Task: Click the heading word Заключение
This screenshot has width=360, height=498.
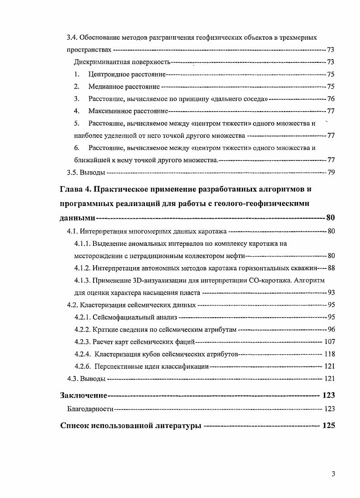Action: click(x=84, y=395)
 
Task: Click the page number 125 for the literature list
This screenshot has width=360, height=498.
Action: click(x=328, y=426)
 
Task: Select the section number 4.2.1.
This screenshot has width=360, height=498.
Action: click(x=83, y=317)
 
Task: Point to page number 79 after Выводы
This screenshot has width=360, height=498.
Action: click(x=331, y=172)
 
